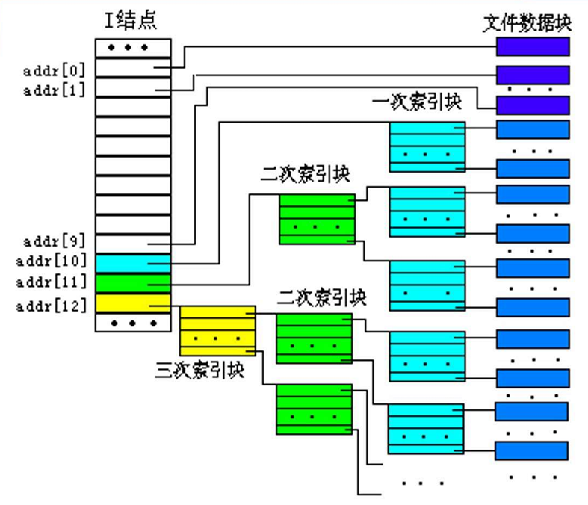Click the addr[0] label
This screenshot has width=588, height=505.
coord(55,72)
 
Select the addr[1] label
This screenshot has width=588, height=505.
coord(55,91)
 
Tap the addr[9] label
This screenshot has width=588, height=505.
coord(55,241)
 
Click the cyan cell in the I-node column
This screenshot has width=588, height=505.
coord(133,263)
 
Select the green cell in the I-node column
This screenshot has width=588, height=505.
coord(133,283)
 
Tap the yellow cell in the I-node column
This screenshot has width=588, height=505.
coord(133,303)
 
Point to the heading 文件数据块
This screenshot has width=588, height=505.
coord(527,22)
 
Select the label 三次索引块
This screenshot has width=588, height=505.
coord(199,369)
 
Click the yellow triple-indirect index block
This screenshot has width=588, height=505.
coord(217,330)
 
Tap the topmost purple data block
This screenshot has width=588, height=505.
coord(533,47)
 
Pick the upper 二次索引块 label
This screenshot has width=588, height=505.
coord(306,175)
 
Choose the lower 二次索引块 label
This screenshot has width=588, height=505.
coord(322,298)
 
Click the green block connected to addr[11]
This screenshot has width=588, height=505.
coord(317,219)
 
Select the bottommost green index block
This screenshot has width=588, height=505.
coord(314,409)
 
